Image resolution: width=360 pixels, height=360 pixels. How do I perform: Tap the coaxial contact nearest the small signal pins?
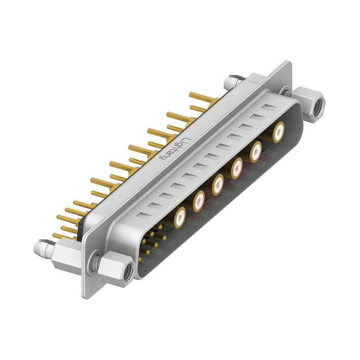click(x=180, y=218)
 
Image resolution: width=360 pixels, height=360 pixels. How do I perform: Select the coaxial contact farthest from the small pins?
click(x=279, y=131)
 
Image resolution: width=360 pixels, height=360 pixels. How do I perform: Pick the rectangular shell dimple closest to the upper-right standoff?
click(x=269, y=108)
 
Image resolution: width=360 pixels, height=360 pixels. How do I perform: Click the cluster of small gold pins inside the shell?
click(x=152, y=243)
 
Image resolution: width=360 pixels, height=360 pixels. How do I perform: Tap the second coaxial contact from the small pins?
click(x=199, y=201)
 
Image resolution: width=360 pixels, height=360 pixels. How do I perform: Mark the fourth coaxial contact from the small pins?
click(x=237, y=168)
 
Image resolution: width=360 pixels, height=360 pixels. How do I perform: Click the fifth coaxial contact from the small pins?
click(x=256, y=151)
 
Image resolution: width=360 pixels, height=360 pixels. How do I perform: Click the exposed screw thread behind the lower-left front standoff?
click(x=95, y=264)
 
